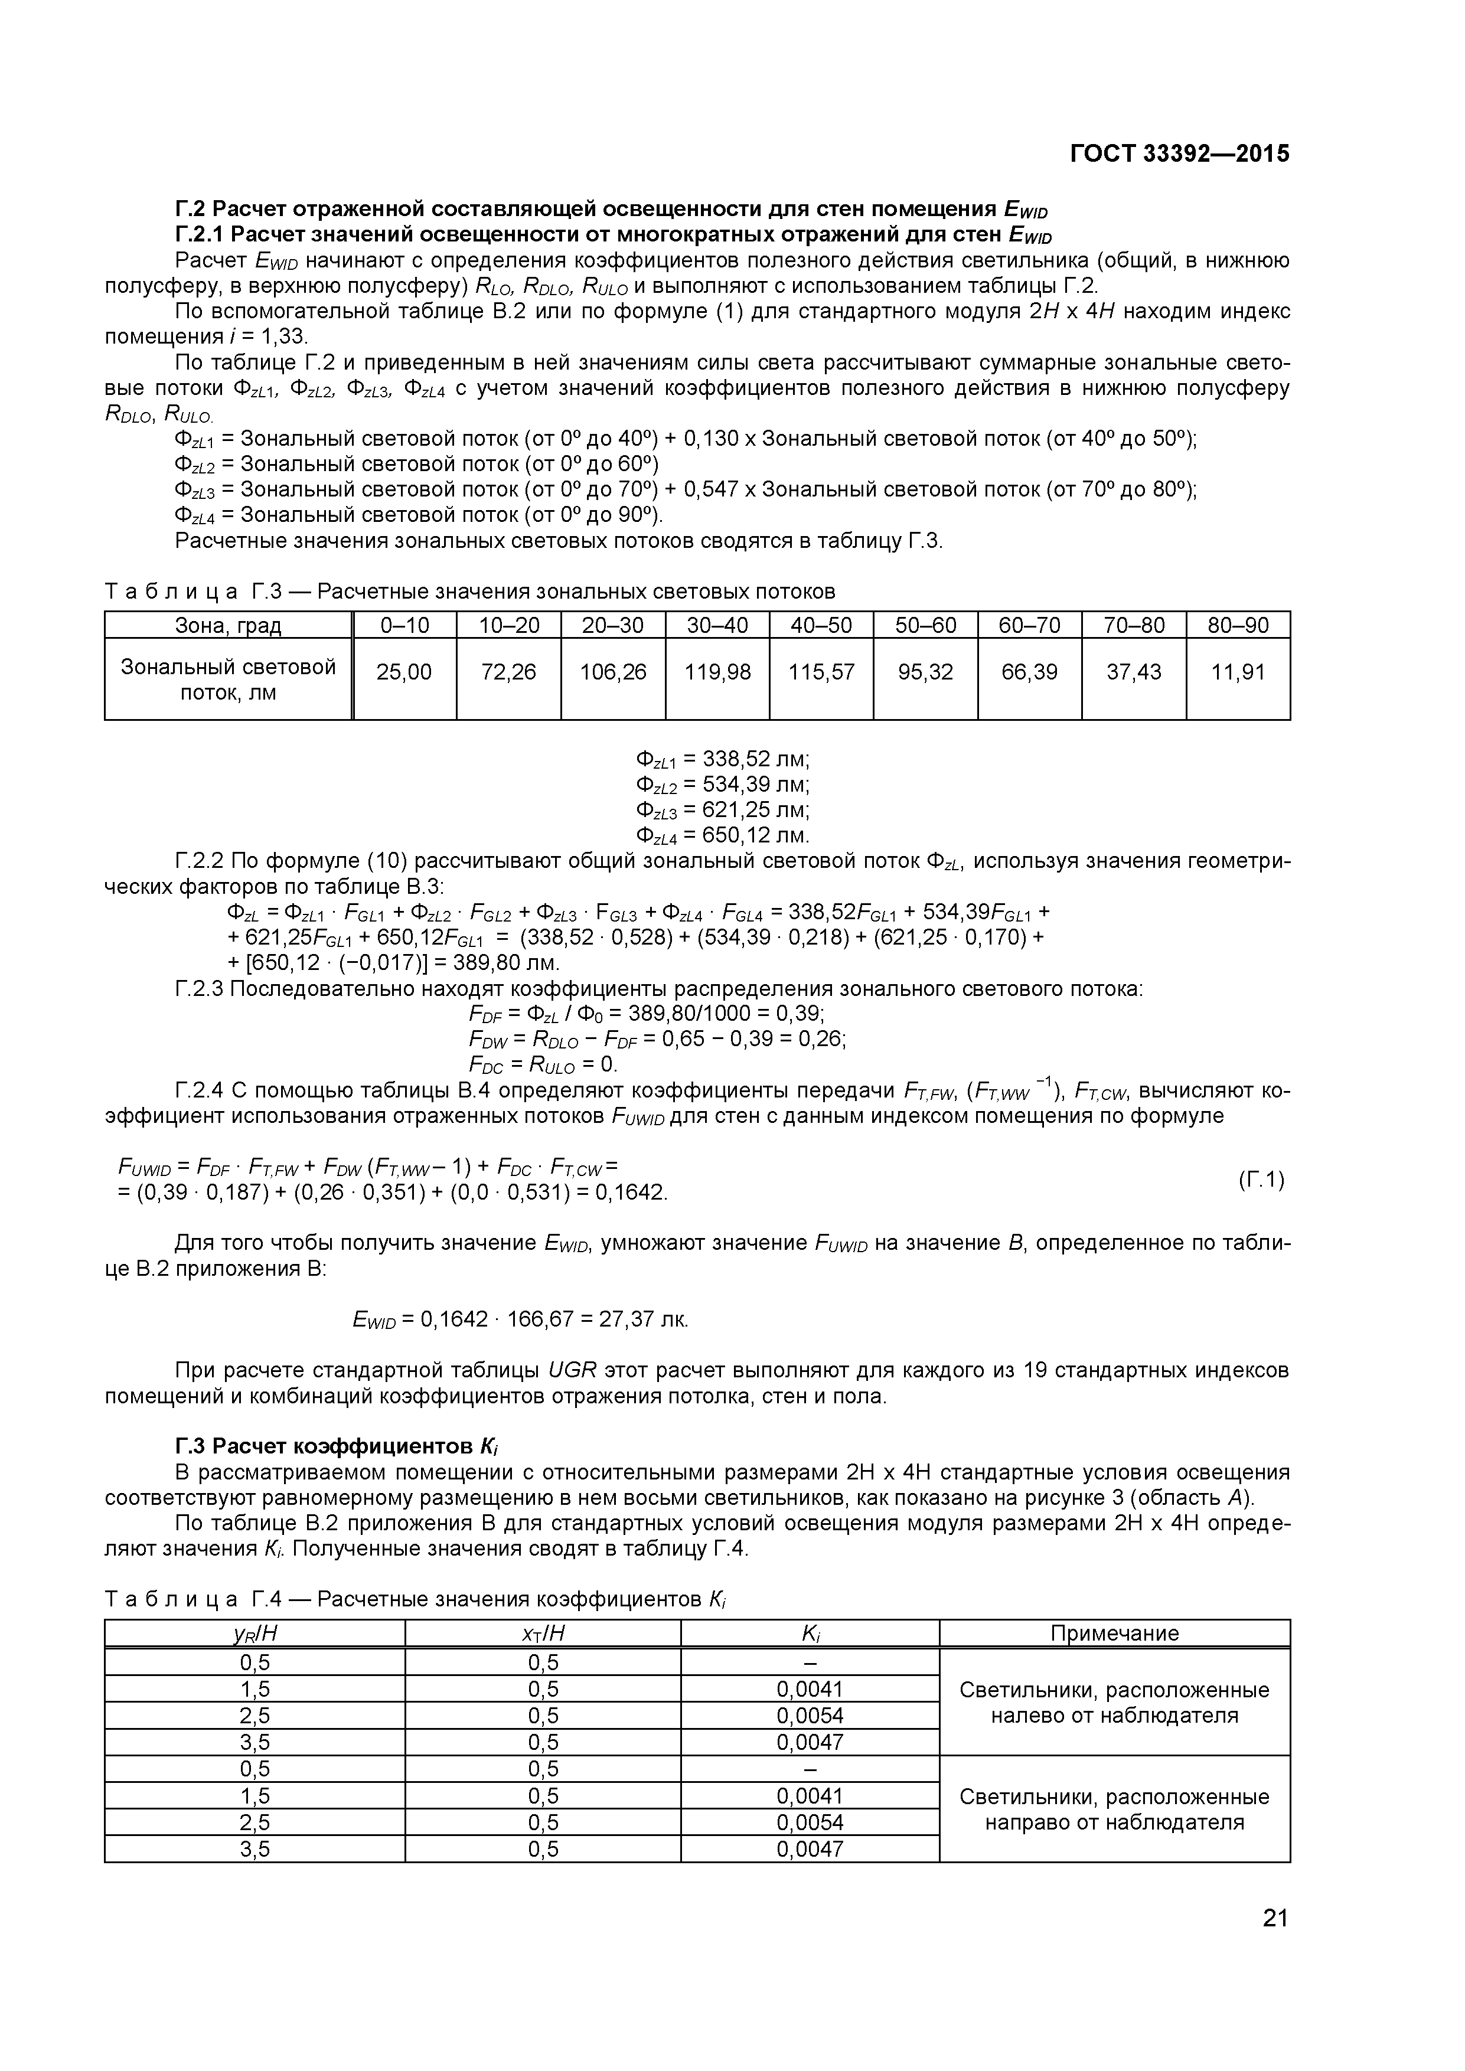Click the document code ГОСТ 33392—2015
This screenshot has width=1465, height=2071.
[1179, 153]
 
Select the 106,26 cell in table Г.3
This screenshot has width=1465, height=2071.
[614, 672]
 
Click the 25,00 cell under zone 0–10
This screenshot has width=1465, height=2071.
[404, 672]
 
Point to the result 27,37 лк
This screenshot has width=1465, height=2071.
[648, 1319]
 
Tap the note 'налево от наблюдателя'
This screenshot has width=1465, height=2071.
[1114, 1716]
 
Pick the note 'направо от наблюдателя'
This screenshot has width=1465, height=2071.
[1114, 1822]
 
